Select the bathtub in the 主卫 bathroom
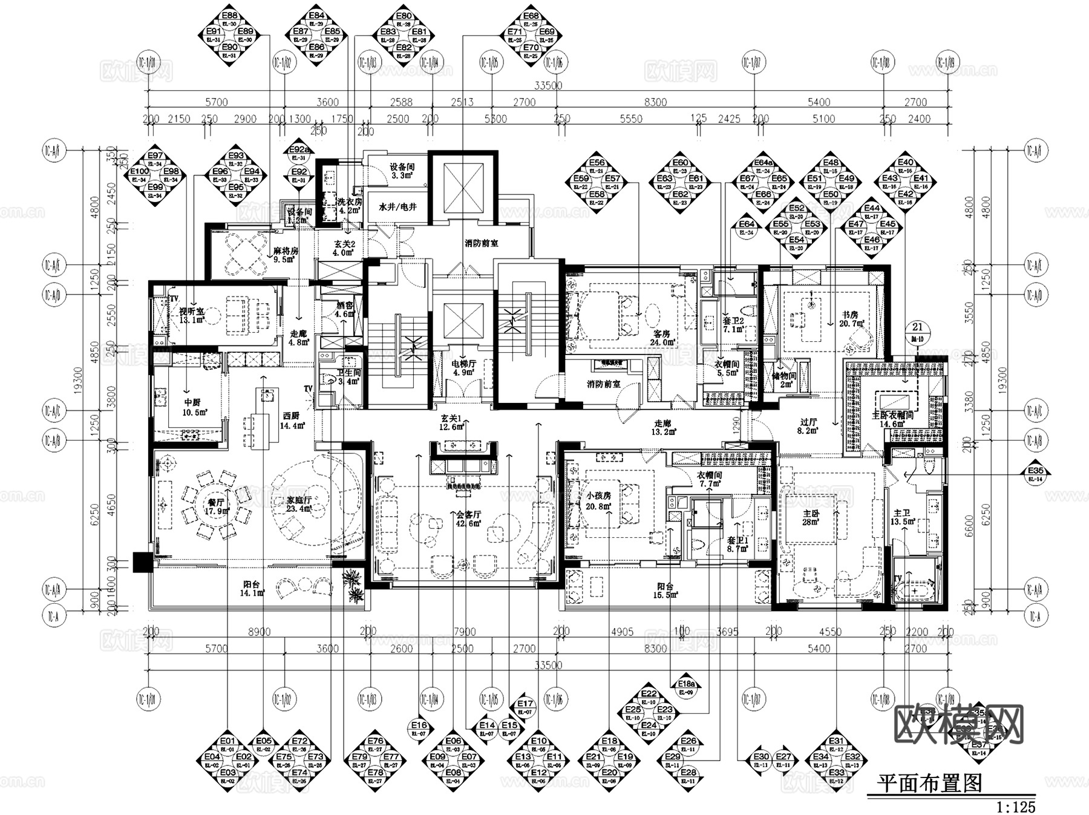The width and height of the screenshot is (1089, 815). tap(917, 588)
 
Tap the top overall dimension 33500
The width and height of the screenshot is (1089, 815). tap(548, 86)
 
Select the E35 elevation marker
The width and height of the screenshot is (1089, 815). tap(1035, 473)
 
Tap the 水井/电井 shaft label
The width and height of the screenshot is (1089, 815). tap(397, 207)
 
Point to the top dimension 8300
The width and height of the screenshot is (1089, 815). tap(655, 102)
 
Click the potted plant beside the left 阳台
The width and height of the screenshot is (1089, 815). tap(354, 585)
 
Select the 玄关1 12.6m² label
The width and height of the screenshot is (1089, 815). tap(451, 422)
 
